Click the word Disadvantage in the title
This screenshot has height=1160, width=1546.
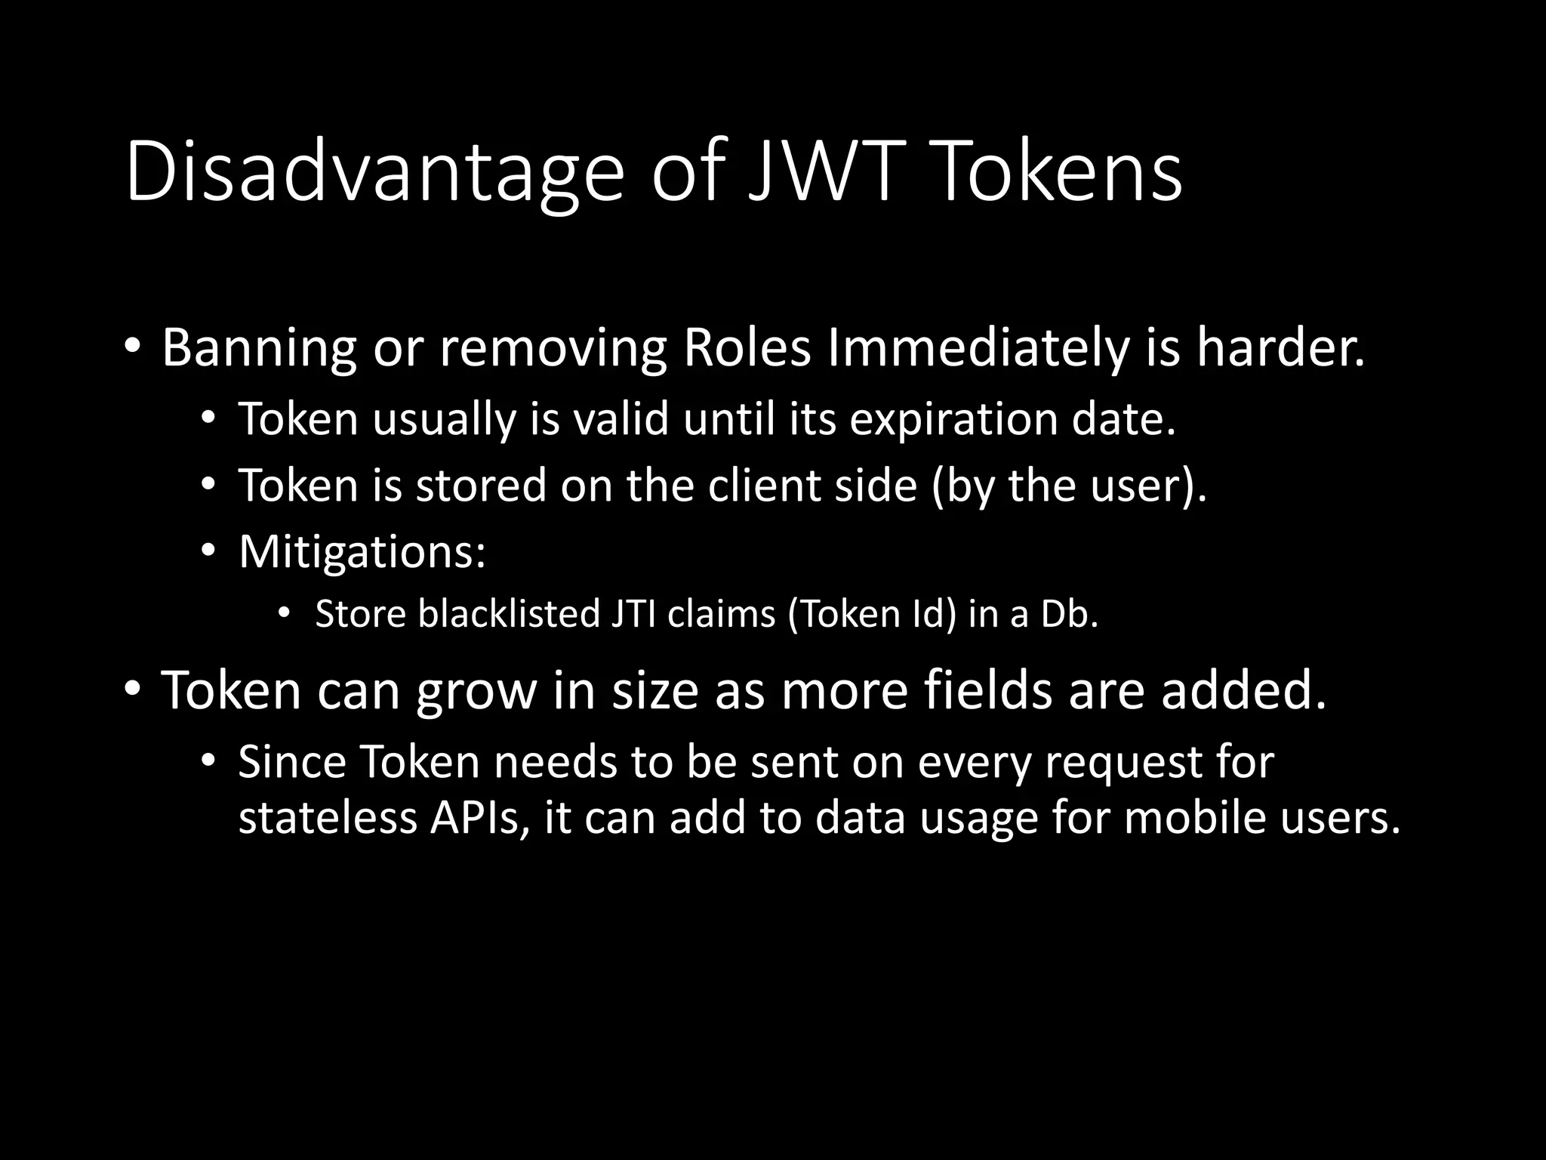[374, 172]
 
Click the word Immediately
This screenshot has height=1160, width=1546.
[978, 348]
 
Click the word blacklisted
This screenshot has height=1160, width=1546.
[509, 614]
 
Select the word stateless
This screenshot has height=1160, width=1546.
[327, 818]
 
